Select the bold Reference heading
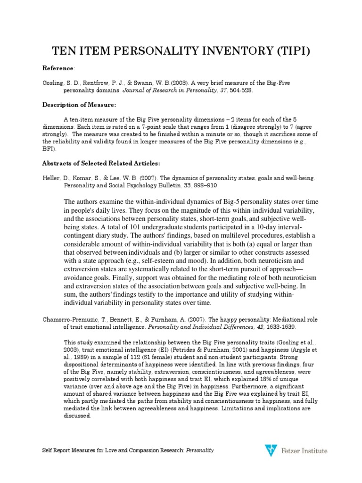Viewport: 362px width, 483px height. tap(58, 68)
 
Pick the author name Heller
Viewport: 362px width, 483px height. tap(50, 178)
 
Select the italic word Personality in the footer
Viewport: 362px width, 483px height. tap(200, 451)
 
